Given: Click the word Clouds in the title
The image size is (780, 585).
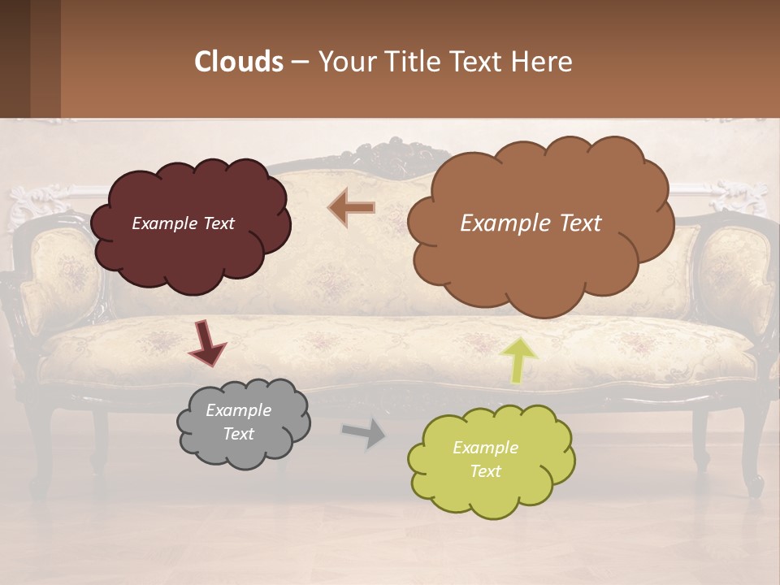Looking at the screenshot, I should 239,62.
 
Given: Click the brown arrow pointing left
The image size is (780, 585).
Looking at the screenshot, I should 352,208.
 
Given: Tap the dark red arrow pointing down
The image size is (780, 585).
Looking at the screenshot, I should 207,344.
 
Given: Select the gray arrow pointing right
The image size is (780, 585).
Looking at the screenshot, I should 364,433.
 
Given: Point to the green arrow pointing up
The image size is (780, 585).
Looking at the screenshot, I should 518,360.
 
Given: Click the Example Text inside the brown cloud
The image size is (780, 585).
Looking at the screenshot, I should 531,223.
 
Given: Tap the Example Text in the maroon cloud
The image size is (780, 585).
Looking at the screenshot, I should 183,223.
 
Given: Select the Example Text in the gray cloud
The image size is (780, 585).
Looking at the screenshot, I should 239,422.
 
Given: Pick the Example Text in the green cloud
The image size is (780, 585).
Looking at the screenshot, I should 485,459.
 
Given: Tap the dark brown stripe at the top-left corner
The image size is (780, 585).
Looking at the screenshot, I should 30,58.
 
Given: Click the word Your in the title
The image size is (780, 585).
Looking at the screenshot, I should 345,62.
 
